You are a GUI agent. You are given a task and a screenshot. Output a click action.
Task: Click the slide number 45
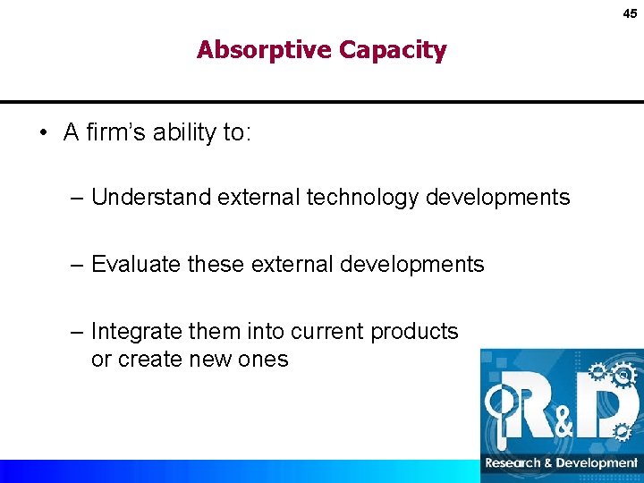[631, 13]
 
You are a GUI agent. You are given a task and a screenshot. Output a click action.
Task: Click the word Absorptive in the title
[265, 50]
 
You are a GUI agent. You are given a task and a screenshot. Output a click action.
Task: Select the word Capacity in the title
[393, 50]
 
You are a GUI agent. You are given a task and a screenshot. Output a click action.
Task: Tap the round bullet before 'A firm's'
[43, 133]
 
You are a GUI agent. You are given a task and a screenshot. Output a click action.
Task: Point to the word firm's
[116, 132]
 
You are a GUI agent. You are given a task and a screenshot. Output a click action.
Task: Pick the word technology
[362, 197]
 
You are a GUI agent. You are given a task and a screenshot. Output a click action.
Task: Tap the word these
[218, 264]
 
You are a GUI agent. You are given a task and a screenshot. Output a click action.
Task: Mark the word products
[413, 331]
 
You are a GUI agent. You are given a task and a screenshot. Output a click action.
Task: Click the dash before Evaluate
[79, 264]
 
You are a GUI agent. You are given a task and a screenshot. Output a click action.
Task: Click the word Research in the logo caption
[513, 463]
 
